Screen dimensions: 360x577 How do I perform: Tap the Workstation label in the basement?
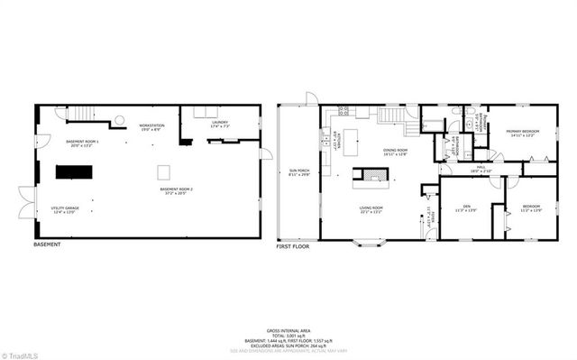pyautogui.click(x=150, y=127)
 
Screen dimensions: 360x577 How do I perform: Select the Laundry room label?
pyautogui.click(x=219, y=124)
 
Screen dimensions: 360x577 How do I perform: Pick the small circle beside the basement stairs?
pyautogui.click(x=117, y=120)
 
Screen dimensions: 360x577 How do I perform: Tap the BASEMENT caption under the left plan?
pyautogui.click(x=47, y=245)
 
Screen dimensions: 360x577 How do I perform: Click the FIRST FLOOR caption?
pyautogui.click(x=293, y=245)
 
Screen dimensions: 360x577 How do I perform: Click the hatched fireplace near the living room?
pyautogui.click(x=372, y=174)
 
